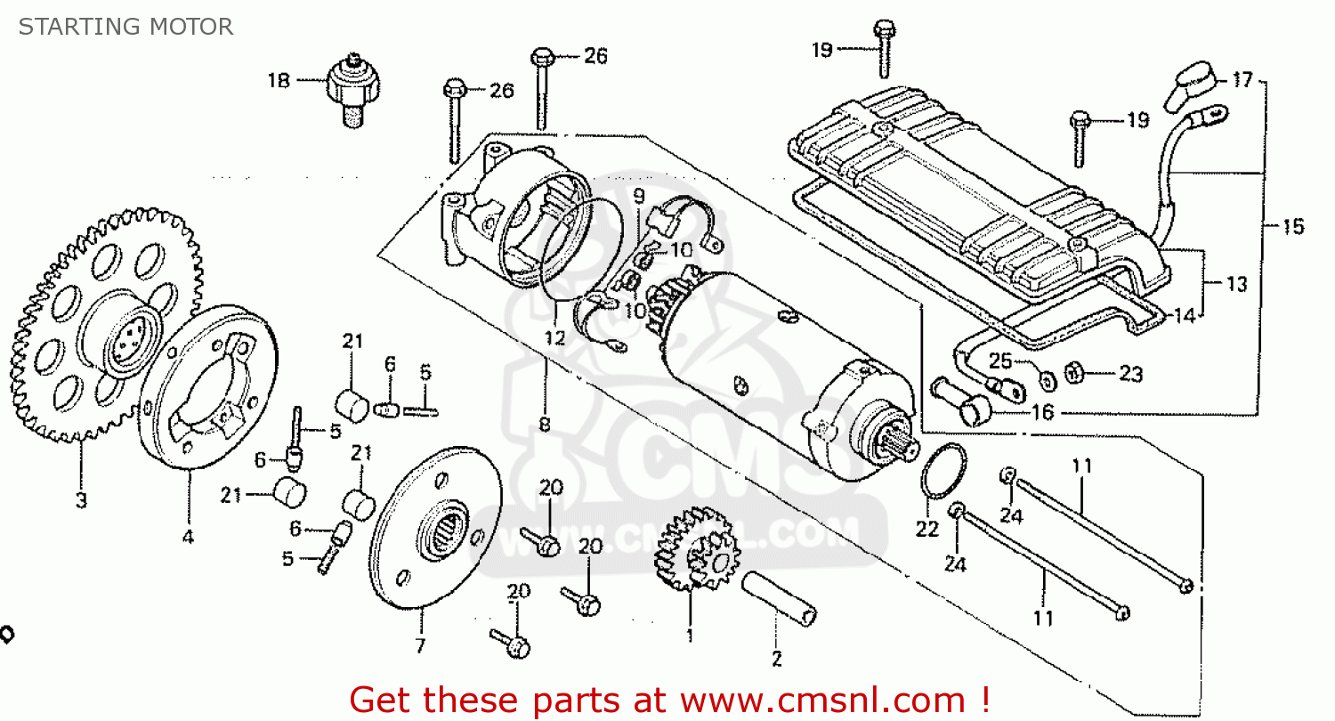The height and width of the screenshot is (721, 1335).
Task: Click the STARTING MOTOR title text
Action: pos(125,27)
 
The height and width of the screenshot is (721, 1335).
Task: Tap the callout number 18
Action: pos(279,81)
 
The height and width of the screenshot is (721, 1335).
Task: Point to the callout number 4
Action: pos(189,537)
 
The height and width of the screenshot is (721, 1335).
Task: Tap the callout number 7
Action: pos(420,644)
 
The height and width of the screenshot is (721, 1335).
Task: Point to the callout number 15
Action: pos(1292,227)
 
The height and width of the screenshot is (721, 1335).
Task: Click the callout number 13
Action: pos(1236,285)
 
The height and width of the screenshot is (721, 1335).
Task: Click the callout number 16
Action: pos(1042,412)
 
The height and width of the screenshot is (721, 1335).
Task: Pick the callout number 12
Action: pos(555,337)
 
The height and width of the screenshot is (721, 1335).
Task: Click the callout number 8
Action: pos(545,425)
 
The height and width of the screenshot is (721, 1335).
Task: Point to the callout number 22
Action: pos(927,530)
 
